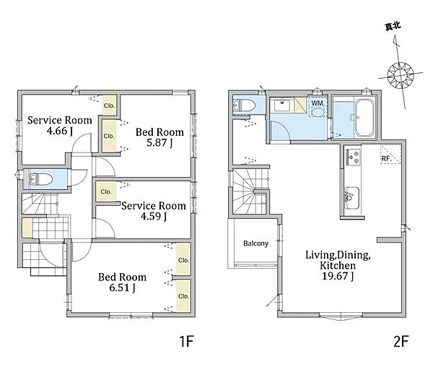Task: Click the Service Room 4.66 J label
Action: tap(60, 125)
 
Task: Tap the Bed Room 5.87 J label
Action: tap(159, 137)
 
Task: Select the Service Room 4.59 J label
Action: tap(154, 211)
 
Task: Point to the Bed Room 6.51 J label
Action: tap(123, 282)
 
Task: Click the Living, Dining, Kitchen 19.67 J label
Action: tap(338, 265)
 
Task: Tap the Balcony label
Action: tap(255, 243)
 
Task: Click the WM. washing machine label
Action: tap(318, 103)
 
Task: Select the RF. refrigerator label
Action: tap(386, 159)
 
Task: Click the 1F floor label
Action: tap(187, 341)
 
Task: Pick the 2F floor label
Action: tap(401, 341)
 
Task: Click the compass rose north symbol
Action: tap(400, 74)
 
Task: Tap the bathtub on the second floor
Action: tap(364, 117)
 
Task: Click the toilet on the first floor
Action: tap(41, 179)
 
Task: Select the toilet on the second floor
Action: tap(244, 105)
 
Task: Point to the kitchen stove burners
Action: tap(353, 157)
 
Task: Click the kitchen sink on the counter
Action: tap(351, 198)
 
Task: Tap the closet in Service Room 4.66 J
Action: tap(110, 105)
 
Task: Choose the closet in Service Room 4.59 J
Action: tap(106, 191)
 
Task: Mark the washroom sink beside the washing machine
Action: tap(282, 105)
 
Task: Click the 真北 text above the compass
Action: tap(393, 27)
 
